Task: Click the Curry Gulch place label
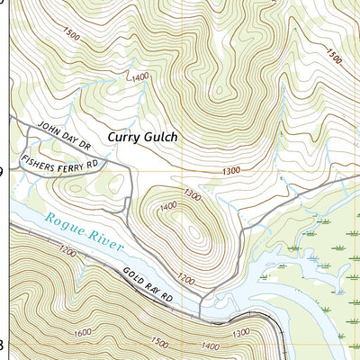coord(143,137)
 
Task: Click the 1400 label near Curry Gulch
coord(139,77)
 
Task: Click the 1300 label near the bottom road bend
coord(241,334)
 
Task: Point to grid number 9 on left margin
coord(3,171)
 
